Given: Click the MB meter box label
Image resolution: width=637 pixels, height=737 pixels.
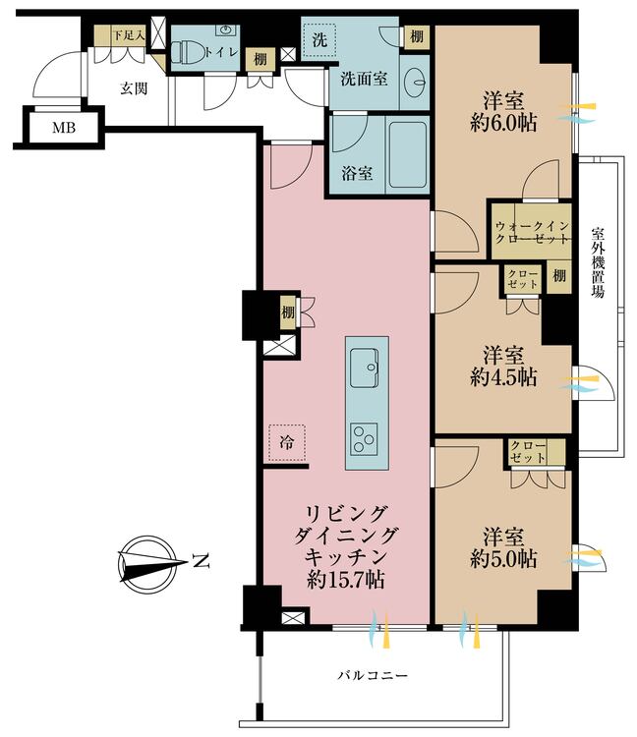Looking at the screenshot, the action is pyautogui.click(x=64, y=128).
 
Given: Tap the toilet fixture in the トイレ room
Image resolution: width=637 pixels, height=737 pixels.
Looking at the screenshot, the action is pyautogui.click(x=186, y=52).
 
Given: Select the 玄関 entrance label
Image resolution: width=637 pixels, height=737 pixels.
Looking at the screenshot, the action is pyautogui.click(x=134, y=88).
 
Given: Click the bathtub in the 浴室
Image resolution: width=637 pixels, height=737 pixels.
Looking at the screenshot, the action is pyautogui.click(x=407, y=154).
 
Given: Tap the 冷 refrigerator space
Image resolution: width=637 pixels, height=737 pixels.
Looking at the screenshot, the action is pyautogui.click(x=287, y=442).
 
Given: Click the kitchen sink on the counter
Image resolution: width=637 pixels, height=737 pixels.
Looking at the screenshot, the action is pyautogui.click(x=364, y=368).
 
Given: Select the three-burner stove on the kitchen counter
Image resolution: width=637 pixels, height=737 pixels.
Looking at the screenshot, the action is pyautogui.click(x=364, y=439).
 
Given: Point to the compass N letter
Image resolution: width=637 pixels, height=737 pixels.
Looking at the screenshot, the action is pyautogui.click(x=201, y=561).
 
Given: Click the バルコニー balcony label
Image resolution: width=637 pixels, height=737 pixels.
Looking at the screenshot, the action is pyautogui.click(x=373, y=675).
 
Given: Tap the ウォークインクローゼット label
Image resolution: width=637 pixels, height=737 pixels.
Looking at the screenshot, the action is pyautogui.click(x=532, y=233).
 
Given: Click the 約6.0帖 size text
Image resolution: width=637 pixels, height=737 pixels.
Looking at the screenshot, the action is pyautogui.click(x=503, y=123).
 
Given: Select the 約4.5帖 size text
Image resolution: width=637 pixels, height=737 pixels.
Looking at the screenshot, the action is pyautogui.click(x=503, y=377).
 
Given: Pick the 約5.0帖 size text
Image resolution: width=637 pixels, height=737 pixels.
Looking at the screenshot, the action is pyautogui.click(x=503, y=559).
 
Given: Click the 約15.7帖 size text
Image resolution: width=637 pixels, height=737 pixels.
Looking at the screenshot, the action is pyautogui.click(x=346, y=580).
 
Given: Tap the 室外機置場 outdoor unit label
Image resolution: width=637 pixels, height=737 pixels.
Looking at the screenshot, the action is pyautogui.click(x=598, y=262).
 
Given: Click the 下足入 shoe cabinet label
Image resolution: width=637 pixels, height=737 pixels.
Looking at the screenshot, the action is pyautogui.click(x=128, y=35).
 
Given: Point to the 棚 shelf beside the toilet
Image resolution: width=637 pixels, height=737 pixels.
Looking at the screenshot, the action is pyautogui.click(x=260, y=59).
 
